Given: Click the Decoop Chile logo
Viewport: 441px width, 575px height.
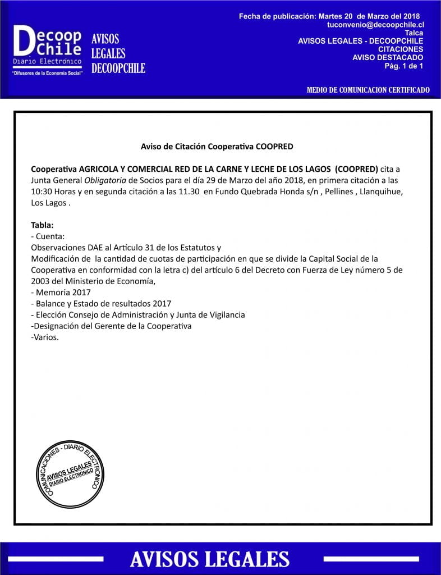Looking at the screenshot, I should [48, 49].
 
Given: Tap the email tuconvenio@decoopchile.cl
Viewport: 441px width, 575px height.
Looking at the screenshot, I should [375, 25].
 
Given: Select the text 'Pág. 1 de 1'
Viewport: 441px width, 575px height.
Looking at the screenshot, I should [403, 66].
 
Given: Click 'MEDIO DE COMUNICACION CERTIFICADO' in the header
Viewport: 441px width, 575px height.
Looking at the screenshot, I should [369, 90].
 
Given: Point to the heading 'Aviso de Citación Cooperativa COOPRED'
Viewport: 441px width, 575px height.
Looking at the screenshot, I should [217, 147].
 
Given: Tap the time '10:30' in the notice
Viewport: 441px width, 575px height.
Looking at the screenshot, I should [42, 191].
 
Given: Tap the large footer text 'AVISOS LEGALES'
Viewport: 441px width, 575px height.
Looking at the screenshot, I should [210, 559].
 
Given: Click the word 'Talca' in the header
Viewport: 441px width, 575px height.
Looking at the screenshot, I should [414, 33].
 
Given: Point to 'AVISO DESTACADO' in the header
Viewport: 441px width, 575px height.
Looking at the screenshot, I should [388, 57].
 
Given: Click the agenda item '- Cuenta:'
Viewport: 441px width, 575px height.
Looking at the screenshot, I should [48, 236].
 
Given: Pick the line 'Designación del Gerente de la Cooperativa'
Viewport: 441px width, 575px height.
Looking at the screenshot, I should [112, 326].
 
